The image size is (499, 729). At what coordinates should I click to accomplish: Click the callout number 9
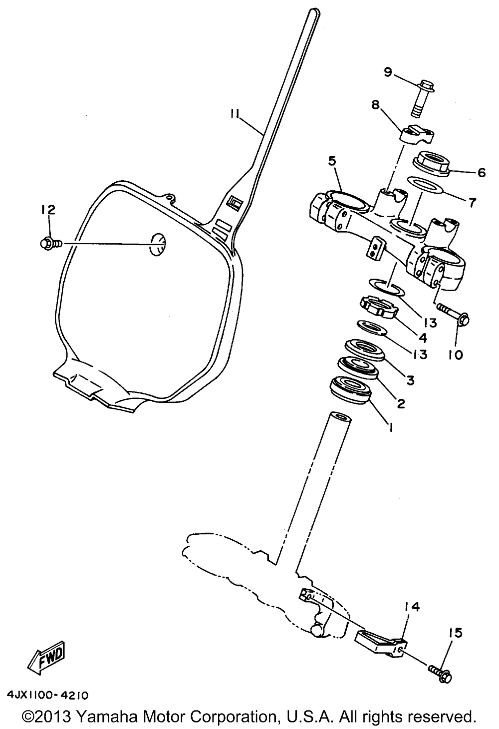coord(388,72)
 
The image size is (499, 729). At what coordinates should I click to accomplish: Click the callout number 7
coord(471,202)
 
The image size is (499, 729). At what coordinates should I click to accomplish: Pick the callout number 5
coord(332,162)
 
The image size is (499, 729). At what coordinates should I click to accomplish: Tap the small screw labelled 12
coord(51,243)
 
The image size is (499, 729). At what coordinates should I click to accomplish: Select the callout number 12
coord(48,210)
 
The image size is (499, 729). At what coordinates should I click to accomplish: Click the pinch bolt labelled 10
coord(454,313)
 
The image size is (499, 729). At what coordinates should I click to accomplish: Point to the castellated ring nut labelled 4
coord(379,308)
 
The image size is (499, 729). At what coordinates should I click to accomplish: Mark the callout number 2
coord(401,404)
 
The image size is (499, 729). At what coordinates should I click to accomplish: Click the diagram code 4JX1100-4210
coord(47,696)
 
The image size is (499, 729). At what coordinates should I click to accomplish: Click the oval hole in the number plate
coord(157,244)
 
